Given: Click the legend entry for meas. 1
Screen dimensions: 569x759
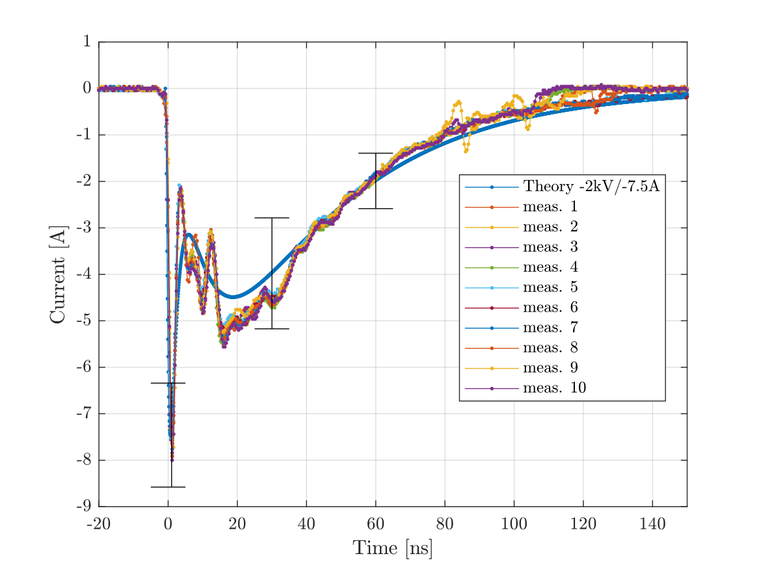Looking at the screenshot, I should [550, 207].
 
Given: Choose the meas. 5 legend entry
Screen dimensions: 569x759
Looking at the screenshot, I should [550, 288].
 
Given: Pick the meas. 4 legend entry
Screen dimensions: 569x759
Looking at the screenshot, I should [550, 268].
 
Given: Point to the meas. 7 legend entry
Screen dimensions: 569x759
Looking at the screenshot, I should [550, 328].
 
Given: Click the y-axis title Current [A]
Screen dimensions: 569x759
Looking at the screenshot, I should [58, 274].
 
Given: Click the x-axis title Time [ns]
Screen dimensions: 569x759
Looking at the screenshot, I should [392, 548].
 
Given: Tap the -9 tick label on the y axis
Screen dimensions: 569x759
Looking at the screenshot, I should [83, 507].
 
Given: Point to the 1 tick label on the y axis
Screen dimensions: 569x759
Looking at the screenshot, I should [87, 42].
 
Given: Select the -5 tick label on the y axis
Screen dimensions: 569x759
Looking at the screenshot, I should [83, 321].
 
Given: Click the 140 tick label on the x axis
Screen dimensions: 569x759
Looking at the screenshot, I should [652, 525].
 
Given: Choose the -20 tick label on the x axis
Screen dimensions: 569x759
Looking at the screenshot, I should [99, 525].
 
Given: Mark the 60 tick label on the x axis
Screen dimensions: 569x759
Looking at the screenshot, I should [376, 525].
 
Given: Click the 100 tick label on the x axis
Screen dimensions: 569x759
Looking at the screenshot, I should [514, 525].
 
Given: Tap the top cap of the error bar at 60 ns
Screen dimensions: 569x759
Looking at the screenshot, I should [376, 153].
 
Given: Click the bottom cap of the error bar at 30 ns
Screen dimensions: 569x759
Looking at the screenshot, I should [272, 328].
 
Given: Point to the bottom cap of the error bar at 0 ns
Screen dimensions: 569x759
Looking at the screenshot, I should [168, 486].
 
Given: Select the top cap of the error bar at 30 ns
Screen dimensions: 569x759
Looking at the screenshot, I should [272, 218].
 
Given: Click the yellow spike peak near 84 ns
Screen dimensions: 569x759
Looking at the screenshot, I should [459, 101].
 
